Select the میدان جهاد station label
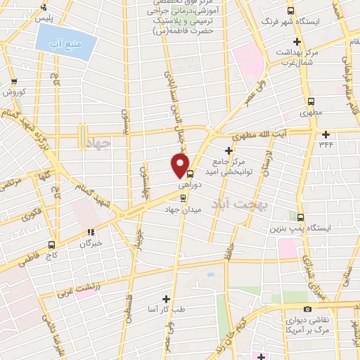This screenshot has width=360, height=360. [x=183, y=210]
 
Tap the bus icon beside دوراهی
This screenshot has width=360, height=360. [x=190, y=175]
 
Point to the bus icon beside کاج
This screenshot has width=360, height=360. [x=51, y=245]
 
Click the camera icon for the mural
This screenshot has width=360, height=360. [x=307, y=309]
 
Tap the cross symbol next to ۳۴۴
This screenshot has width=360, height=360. [x=326, y=134]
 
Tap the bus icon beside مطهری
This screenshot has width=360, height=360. [x=310, y=101]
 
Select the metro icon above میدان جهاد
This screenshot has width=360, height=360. [x=184, y=197]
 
